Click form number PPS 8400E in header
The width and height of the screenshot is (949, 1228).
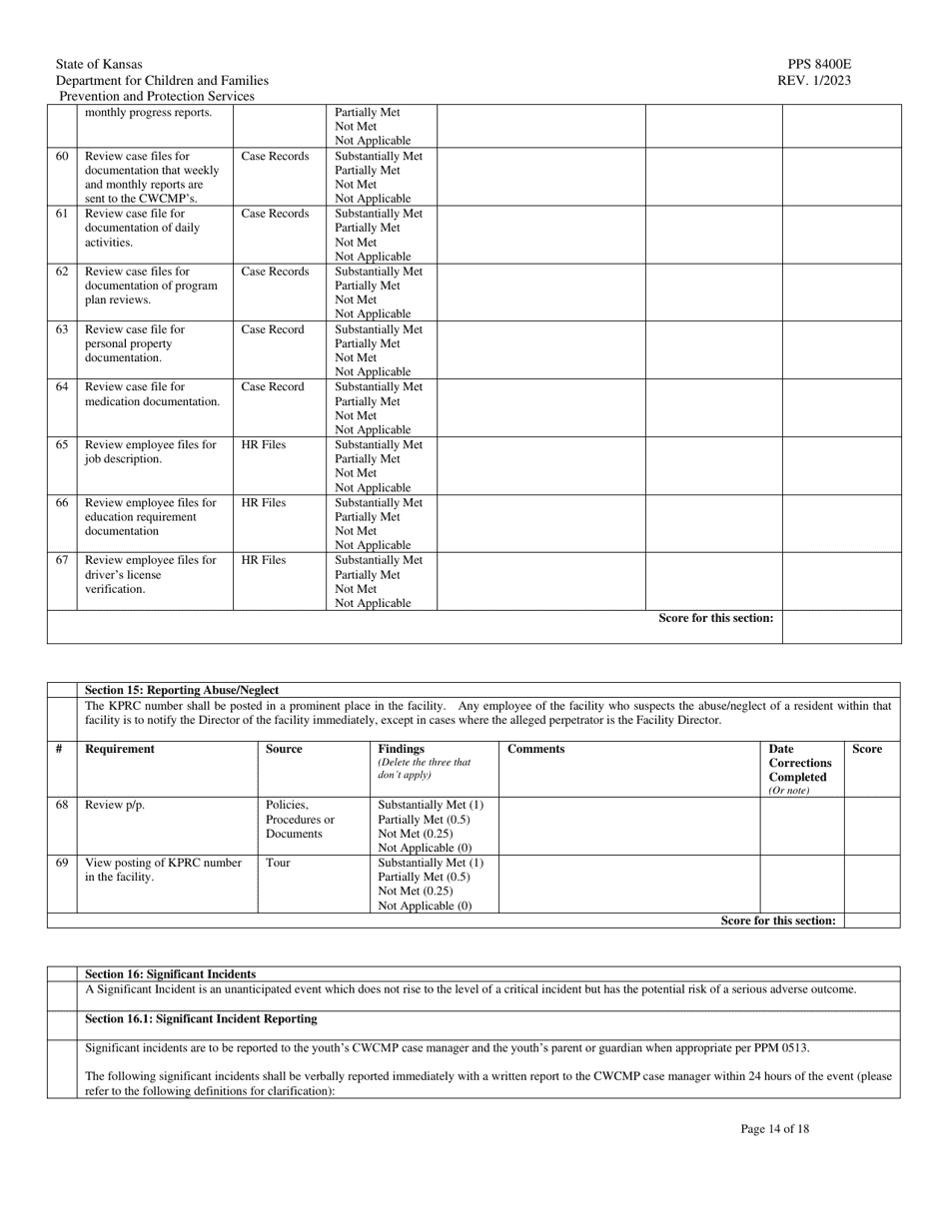pyautogui.click(x=818, y=64)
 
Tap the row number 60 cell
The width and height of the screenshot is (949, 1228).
pyautogui.click(x=62, y=157)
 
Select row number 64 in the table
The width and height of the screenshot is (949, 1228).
pyautogui.click(x=62, y=387)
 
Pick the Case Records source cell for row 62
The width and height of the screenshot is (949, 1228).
pyautogui.click(x=275, y=272)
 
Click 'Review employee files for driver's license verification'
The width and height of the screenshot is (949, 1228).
pyautogui.click(x=151, y=574)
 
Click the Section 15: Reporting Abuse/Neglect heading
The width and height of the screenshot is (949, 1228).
pyautogui.click(x=182, y=690)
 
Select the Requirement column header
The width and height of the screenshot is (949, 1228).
pyautogui.click(x=120, y=749)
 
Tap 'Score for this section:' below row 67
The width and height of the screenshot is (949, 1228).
pyautogui.click(x=715, y=618)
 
